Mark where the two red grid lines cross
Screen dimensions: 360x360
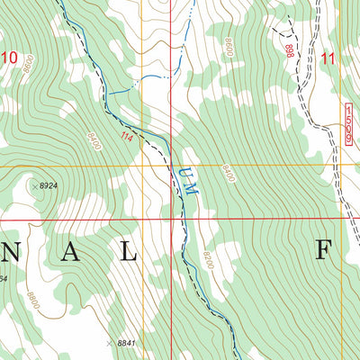[x=171, y=218]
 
